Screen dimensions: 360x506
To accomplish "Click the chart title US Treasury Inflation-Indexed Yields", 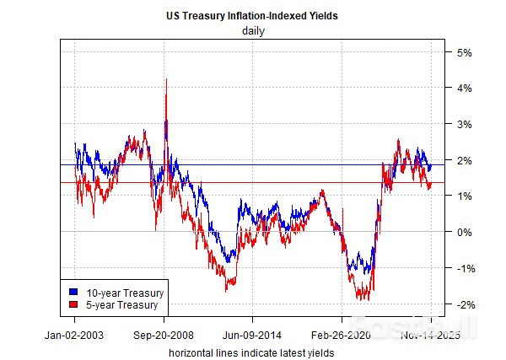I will click(253, 15).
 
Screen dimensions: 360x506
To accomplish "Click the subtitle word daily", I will click(253, 31).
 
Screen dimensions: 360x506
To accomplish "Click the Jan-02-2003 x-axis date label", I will click(74, 333).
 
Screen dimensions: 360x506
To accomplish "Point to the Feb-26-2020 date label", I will click(342, 333).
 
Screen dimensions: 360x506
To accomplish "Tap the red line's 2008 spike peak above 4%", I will click(166, 79).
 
